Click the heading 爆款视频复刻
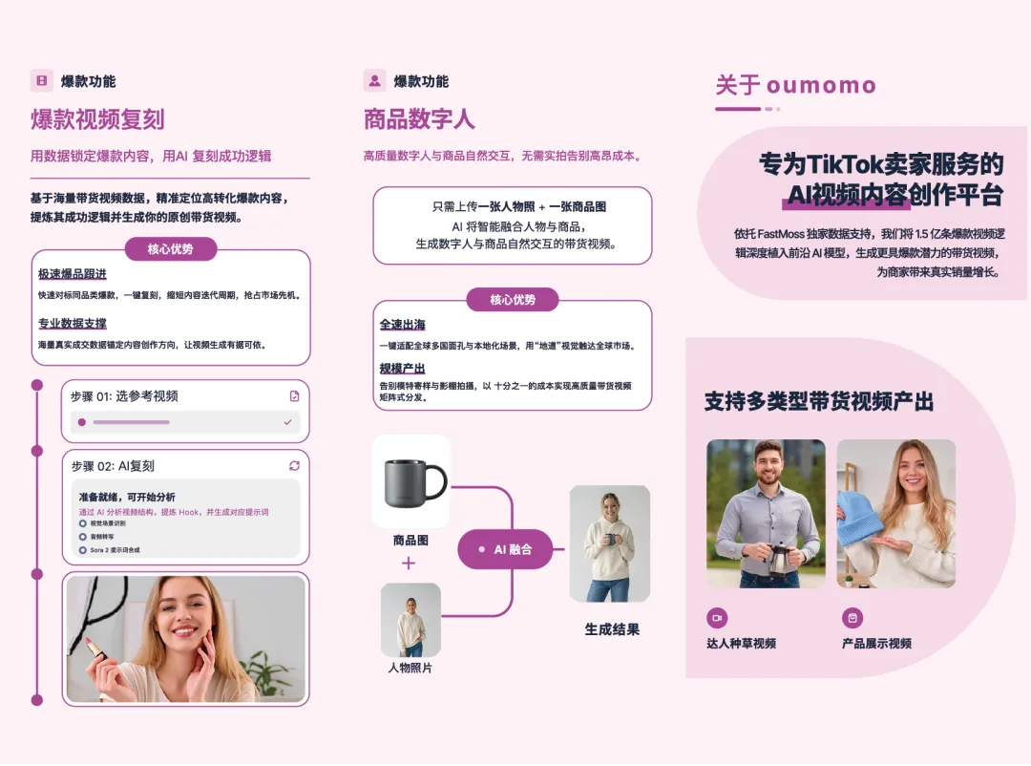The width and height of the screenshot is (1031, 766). coord(97,119)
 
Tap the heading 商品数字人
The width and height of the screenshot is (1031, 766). coord(419,119)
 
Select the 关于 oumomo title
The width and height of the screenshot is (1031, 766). coord(795,85)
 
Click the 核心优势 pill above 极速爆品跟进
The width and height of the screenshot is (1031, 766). coord(171,249)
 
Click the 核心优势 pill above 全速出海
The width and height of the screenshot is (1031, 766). coord(513,300)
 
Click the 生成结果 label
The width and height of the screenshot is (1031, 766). coord(612,629)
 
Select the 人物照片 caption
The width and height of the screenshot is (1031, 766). coord(410,668)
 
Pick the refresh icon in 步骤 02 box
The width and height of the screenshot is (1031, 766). coord(294,466)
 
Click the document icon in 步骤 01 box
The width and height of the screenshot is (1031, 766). coord(294,395)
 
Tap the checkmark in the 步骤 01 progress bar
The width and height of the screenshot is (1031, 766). coord(287,421)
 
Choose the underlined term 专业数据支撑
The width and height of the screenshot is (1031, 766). coord(73,324)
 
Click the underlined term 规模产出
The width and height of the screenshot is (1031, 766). coord(402,369)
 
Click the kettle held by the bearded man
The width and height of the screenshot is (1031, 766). coord(780,557)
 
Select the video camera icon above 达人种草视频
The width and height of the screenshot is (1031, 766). coord(716,617)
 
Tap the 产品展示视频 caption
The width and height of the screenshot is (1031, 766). coord(876,644)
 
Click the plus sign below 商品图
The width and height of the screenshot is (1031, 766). coord(409,564)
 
